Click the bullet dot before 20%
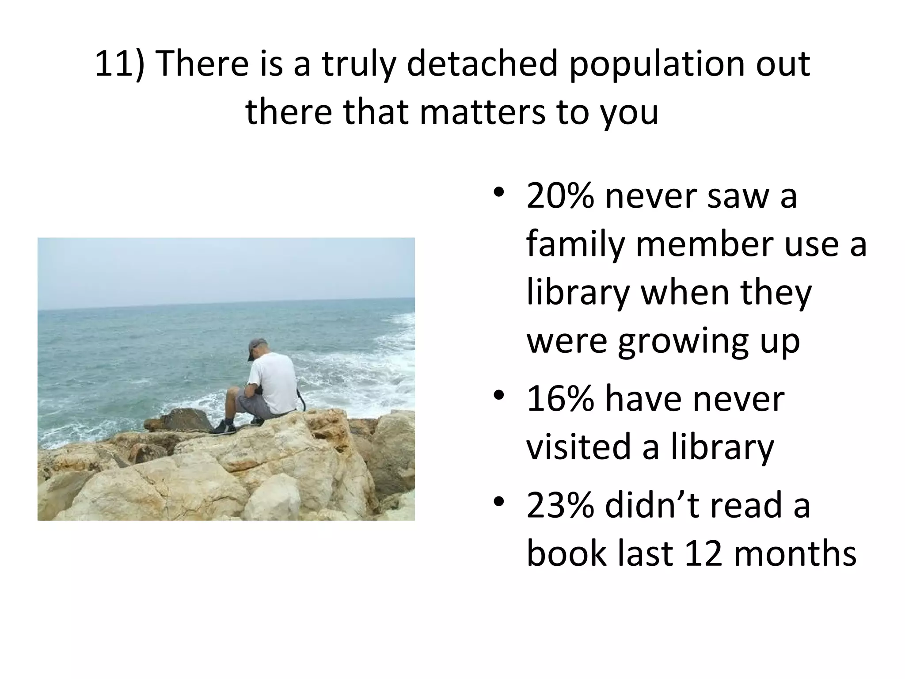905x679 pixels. coord(499,193)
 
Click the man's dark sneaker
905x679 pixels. coord(223,428)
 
